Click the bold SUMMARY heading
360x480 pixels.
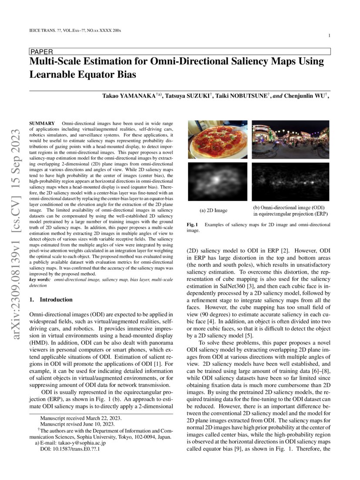click(x=42, y=125)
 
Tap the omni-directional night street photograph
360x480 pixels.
click(x=291, y=139)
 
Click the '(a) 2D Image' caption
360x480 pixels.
click(x=213, y=211)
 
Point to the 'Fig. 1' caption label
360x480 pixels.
click(x=192, y=225)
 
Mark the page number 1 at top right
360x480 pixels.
click(x=330, y=35)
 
